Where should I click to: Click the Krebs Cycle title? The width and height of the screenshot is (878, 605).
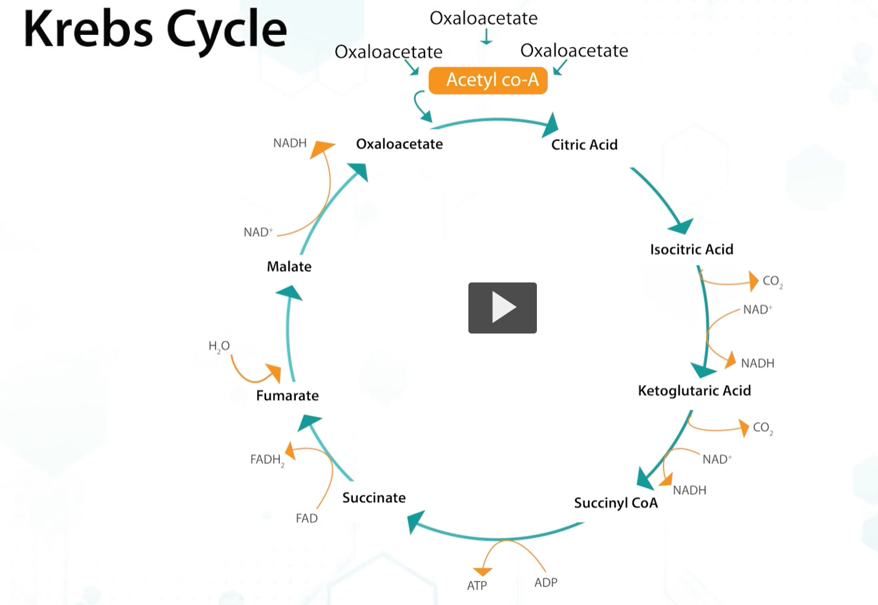[x=155, y=29]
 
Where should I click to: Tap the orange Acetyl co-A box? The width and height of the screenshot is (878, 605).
[x=488, y=80]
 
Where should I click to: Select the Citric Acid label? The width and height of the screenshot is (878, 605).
[x=584, y=145]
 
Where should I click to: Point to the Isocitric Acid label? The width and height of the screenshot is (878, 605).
[x=691, y=249]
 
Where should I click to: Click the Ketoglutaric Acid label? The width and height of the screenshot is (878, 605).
[x=694, y=390]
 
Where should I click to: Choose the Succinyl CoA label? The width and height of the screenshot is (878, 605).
[x=616, y=503]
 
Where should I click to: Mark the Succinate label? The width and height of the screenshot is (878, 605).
[x=374, y=498]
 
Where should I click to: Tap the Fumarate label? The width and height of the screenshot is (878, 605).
[x=287, y=396]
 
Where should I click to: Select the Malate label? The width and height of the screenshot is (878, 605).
[x=289, y=266]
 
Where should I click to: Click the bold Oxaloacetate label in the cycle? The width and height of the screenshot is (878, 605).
[x=399, y=144]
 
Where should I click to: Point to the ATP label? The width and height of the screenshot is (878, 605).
[x=477, y=586]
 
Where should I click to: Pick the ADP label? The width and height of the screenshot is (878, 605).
[x=546, y=582]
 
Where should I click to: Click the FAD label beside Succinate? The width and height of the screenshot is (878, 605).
[x=307, y=518]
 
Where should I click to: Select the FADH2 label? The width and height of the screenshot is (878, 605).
[x=266, y=460]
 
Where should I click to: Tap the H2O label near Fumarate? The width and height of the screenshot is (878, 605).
[x=219, y=346]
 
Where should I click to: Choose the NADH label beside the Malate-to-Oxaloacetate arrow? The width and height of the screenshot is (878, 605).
[x=289, y=143]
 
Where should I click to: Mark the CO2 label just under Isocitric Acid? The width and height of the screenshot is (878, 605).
[x=772, y=281]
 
